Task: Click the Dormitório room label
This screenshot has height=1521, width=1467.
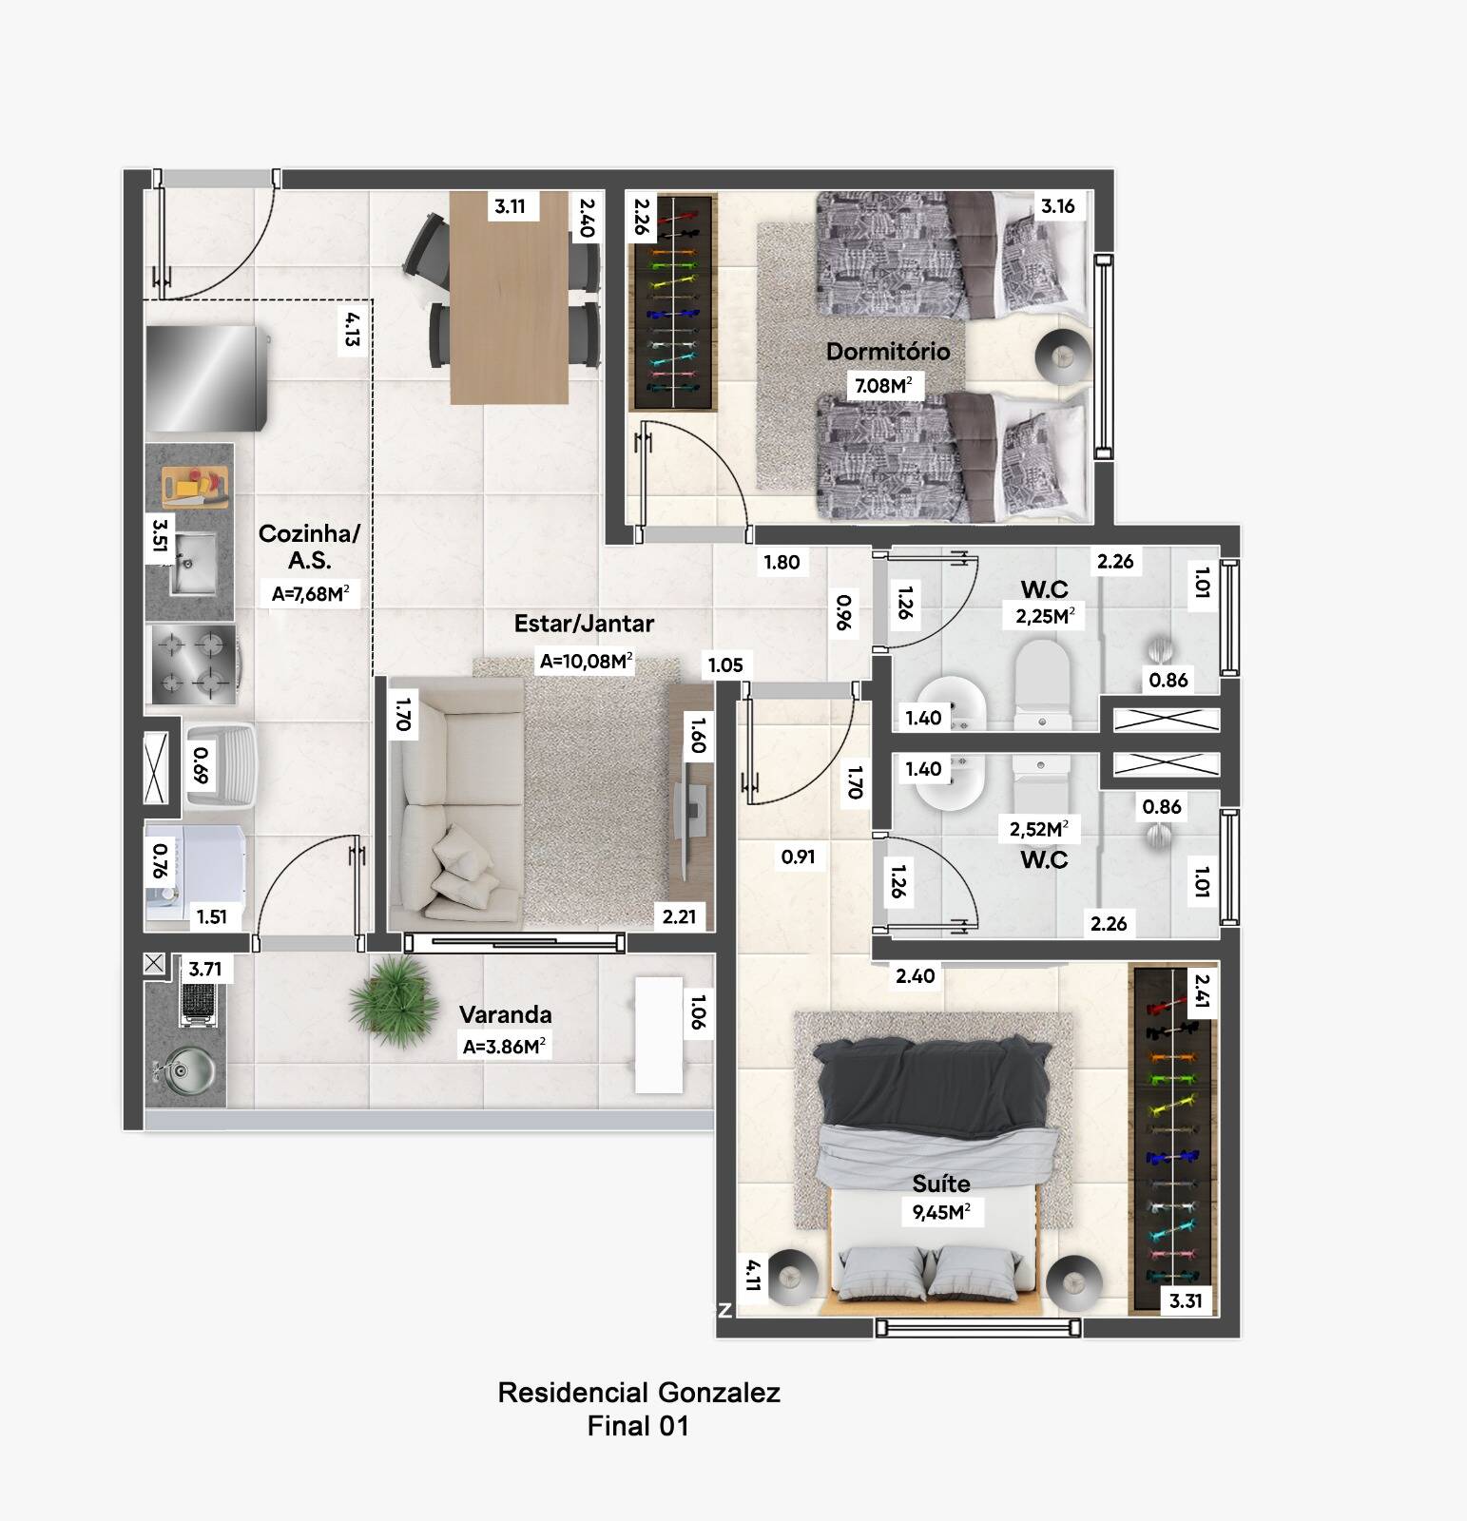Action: (888, 352)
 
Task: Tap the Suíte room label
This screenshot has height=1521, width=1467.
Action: (941, 1184)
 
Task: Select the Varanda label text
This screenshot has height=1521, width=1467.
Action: (505, 1014)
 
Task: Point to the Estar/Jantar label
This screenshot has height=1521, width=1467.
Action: (584, 624)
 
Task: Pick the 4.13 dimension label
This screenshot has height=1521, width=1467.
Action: (353, 329)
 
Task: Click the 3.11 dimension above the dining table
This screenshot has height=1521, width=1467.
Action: (510, 206)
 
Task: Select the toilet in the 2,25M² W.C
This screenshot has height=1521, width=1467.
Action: (1043, 684)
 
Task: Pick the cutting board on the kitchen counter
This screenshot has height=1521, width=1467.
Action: (195, 488)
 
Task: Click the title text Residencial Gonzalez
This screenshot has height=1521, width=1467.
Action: (639, 1394)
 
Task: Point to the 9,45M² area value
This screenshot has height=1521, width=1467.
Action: (941, 1212)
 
